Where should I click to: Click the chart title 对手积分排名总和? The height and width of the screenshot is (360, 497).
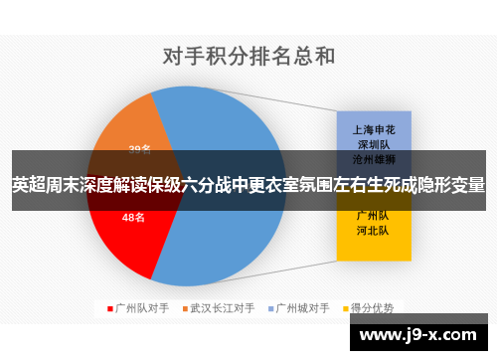(248, 57)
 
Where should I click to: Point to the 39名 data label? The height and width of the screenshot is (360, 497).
(140, 150)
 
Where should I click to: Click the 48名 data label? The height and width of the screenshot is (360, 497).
(134, 218)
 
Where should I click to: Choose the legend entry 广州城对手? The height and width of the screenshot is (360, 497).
(302, 307)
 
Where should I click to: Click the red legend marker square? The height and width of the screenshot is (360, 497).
(109, 307)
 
